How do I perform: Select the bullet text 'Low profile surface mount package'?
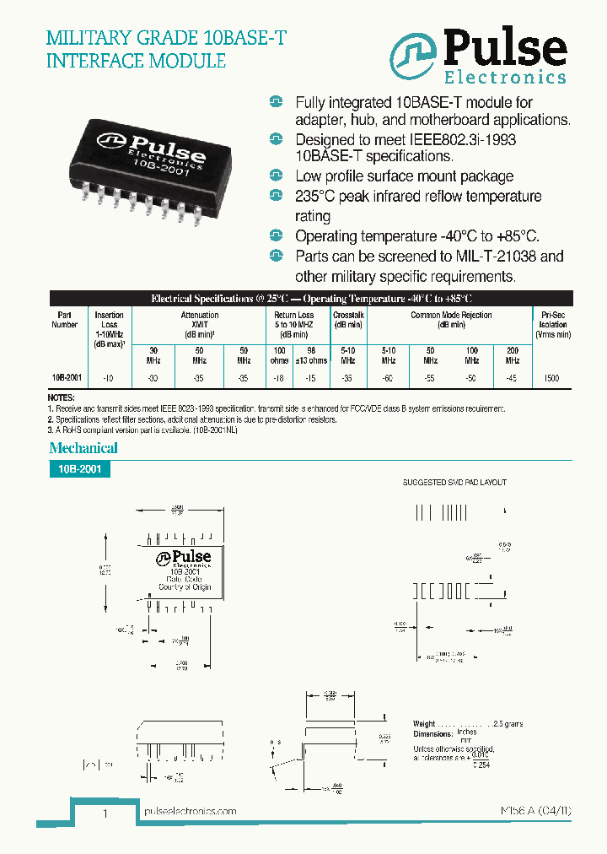[x=404, y=176]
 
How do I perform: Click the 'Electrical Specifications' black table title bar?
[x=311, y=299]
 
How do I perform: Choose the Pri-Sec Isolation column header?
[x=553, y=324]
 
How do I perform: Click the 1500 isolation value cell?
[x=552, y=378]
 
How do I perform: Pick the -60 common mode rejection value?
[x=388, y=378]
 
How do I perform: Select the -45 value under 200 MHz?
[x=512, y=378]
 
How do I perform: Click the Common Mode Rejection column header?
[x=451, y=319]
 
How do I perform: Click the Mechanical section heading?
[x=83, y=448]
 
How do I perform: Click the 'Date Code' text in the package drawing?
[x=183, y=580]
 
